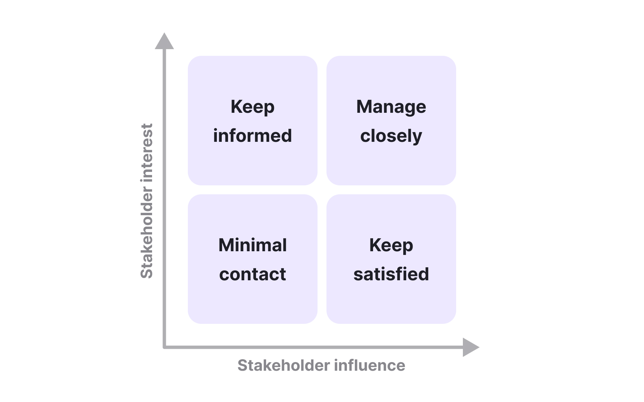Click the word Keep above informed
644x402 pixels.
(x=252, y=107)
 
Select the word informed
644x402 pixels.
(x=252, y=135)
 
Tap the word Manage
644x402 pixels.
(x=391, y=107)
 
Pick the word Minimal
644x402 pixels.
(x=252, y=245)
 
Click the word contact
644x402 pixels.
(x=252, y=274)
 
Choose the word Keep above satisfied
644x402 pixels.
(x=391, y=246)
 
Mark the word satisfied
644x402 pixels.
(x=391, y=274)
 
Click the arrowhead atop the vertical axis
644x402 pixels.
(x=164, y=42)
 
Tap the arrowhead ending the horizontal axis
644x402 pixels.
(x=470, y=347)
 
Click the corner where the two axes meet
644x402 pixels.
(x=164, y=347)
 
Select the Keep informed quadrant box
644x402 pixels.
(x=252, y=167)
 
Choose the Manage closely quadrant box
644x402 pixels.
(x=391, y=167)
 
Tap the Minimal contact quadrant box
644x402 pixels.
(x=252, y=305)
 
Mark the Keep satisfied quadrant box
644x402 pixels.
(x=391, y=305)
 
